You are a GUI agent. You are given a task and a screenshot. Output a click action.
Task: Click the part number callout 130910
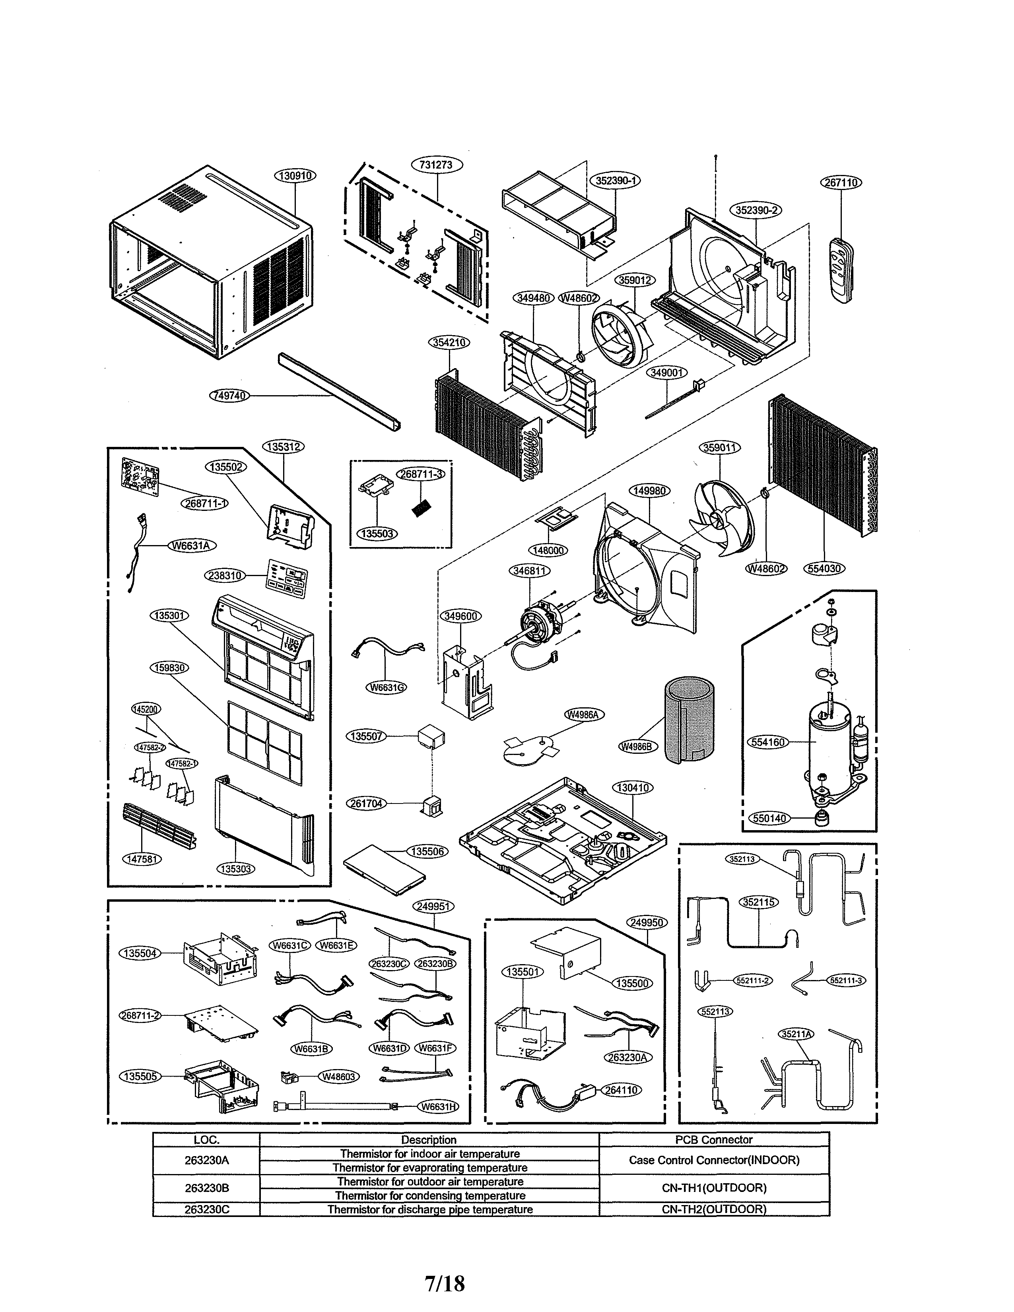[x=295, y=175]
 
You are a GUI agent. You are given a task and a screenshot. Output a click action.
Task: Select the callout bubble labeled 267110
[x=841, y=182]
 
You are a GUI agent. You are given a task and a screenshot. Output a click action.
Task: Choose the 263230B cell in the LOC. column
[x=206, y=1188]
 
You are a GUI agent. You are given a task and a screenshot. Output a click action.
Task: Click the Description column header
[x=429, y=1139]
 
